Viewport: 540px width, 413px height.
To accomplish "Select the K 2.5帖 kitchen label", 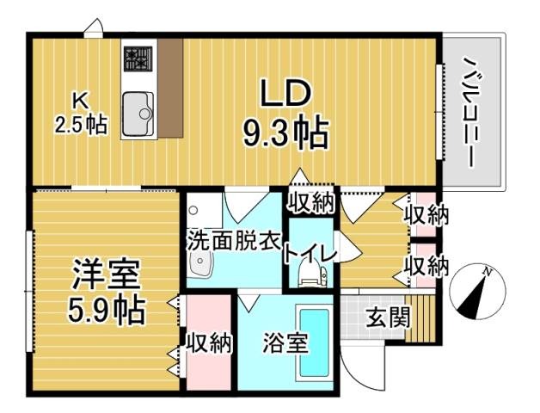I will [x=81, y=111].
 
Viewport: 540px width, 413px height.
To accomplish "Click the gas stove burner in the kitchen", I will [x=136, y=58].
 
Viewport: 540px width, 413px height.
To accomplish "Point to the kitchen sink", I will [x=137, y=113].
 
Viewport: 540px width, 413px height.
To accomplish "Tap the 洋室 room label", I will [x=106, y=276].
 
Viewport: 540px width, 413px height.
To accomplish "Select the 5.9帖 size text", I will [x=106, y=308].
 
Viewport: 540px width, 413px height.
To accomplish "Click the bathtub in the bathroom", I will [x=313, y=342].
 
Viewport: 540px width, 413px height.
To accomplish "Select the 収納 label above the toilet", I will [x=310, y=203].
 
